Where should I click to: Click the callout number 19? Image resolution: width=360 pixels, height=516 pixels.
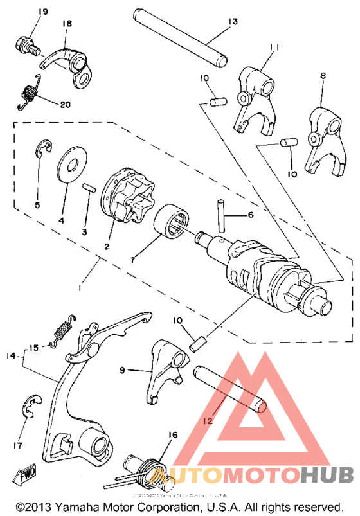point(26,13)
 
